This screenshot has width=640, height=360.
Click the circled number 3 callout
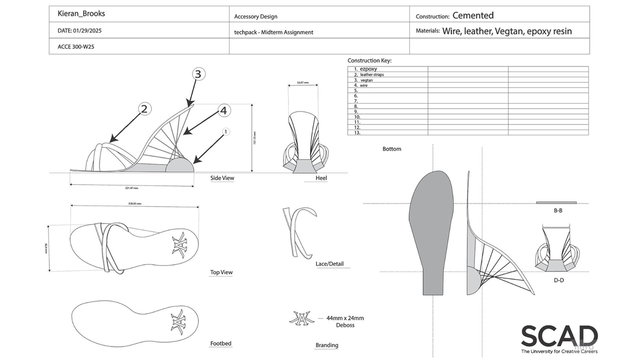click(198, 74)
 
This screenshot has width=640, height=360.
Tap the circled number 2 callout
click(144, 109)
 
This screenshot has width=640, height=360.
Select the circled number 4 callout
click(224, 111)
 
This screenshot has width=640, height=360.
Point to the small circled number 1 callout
click(226, 132)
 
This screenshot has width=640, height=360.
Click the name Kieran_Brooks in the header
click(81, 14)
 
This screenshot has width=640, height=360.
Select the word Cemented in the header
click(473, 15)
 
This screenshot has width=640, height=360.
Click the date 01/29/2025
click(87, 31)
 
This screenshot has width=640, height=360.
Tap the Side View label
click(222, 178)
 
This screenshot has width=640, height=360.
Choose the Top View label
click(221, 272)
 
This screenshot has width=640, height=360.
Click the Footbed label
click(221, 343)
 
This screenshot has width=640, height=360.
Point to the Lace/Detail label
click(329, 264)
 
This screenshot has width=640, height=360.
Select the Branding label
click(327, 345)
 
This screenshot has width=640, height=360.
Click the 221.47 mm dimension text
click(132, 188)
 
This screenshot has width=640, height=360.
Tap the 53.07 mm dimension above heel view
click(303, 83)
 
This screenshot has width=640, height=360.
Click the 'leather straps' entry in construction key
click(372, 75)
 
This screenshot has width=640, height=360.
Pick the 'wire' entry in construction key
click(364, 86)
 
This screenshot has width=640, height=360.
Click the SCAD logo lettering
click(559, 336)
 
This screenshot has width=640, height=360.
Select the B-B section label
click(558, 211)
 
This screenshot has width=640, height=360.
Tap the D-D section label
click(559, 280)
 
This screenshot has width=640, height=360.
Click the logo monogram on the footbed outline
click(178, 322)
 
